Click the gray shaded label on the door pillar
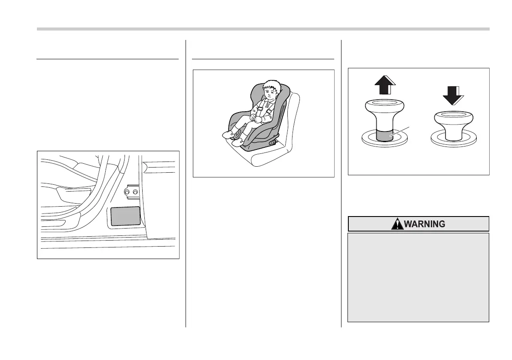click(126, 216)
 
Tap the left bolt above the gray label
click(128, 192)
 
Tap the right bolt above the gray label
click(135, 192)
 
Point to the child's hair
click(269, 84)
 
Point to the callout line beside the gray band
click(403, 131)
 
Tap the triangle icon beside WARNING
click(398, 224)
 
